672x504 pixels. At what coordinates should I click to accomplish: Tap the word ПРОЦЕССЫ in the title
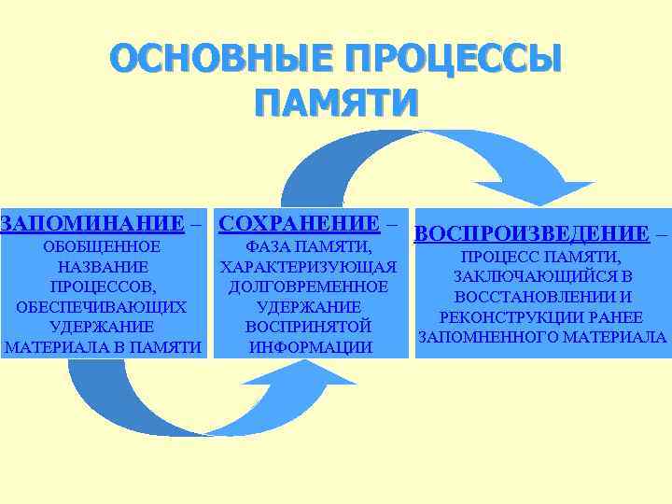pos(455,61)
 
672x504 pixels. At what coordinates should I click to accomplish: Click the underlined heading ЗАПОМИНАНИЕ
pos(91,223)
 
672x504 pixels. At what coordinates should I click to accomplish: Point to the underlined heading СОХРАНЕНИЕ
pos(298,223)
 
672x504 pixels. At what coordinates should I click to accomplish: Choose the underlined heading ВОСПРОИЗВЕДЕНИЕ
pos(530,232)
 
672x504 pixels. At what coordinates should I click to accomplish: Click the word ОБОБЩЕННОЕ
pos(103,247)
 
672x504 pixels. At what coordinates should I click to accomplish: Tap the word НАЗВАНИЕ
pos(103,267)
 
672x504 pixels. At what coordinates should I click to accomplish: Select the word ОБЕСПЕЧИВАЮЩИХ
pos(103,307)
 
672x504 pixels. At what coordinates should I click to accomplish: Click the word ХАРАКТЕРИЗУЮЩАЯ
pos(309,267)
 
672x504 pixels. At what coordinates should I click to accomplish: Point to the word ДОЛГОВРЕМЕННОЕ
pos(309,287)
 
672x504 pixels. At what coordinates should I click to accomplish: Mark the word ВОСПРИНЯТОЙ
pos(309,327)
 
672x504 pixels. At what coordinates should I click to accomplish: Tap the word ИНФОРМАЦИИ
pos(309,347)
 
